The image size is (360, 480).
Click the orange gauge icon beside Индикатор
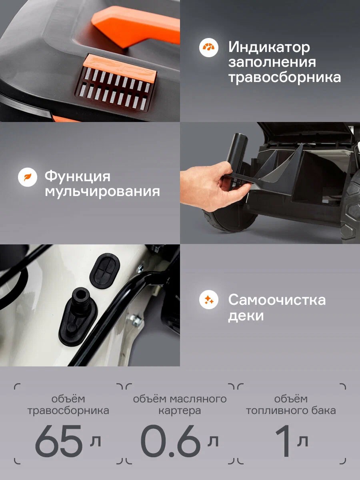pos(209,48)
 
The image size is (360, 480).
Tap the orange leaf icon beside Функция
pos(28,177)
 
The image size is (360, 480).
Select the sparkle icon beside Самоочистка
pos(209,300)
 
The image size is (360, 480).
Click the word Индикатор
pos(269,47)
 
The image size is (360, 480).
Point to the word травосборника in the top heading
pos(284,77)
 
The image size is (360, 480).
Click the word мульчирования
pos(102,191)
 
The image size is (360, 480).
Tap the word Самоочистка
pos(277,300)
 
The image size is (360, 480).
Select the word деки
pos(246,316)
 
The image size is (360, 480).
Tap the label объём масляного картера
pos(180,405)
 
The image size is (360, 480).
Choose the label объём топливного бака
pos(291,405)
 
